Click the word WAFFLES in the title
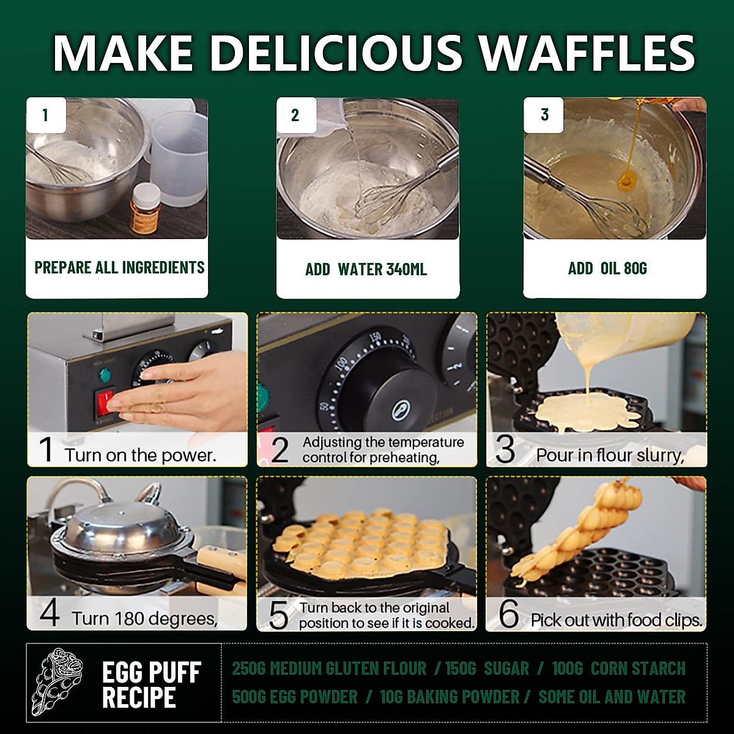587,53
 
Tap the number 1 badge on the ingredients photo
45,115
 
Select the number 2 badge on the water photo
295,115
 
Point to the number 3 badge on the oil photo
544,115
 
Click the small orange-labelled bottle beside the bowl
146,208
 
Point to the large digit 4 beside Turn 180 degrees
49,613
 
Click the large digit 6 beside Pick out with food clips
508,614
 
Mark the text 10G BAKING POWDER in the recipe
450,697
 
